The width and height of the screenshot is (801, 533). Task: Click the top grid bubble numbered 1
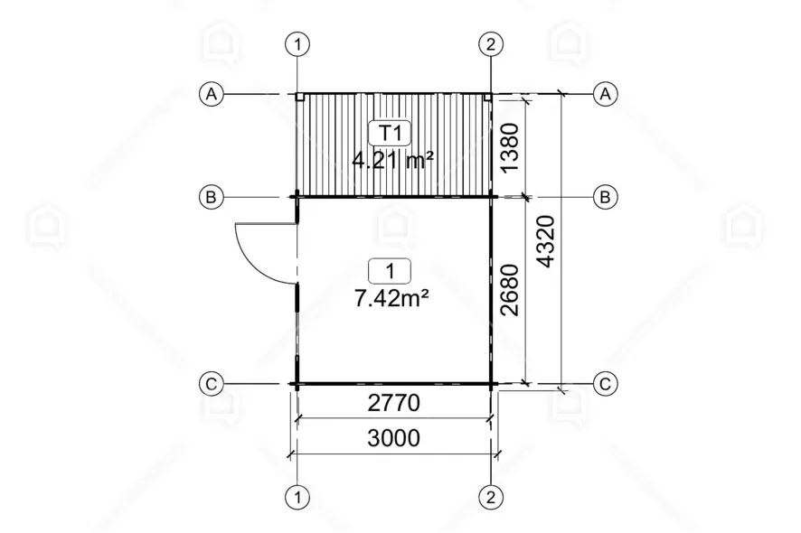click(297, 44)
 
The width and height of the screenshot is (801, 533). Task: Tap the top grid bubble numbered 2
click(491, 44)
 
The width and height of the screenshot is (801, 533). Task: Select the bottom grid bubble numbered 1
click(297, 497)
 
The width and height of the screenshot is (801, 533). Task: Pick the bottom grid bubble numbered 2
click(491, 497)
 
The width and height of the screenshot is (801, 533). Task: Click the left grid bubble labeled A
click(211, 95)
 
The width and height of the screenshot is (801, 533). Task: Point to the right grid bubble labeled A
click(606, 95)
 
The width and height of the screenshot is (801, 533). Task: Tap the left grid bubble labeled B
click(211, 197)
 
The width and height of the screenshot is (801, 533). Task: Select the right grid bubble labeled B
click(606, 197)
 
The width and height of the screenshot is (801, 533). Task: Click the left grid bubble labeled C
click(211, 383)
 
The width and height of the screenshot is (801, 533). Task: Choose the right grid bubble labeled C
click(606, 383)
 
